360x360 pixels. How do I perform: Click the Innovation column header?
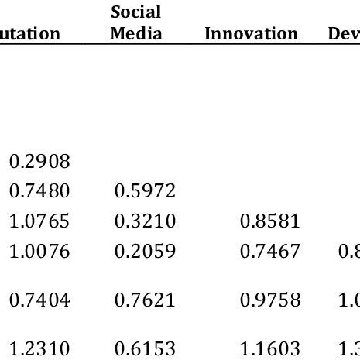click(x=251, y=34)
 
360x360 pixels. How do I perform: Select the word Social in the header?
click(x=135, y=12)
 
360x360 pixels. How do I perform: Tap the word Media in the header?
click(x=136, y=33)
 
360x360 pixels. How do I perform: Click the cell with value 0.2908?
click(x=39, y=162)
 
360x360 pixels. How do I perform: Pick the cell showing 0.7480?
click(x=39, y=191)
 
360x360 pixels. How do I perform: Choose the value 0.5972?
click(x=145, y=191)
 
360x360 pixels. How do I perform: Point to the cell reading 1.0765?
click(x=39, y=221)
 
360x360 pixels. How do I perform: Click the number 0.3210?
click(x=145, y=221)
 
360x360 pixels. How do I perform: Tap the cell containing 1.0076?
click(x=39, y=251)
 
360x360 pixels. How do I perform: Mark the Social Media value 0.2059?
click(x=145, y=251)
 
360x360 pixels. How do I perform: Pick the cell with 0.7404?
click(x=39, y=300)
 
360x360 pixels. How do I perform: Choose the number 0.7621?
click(x=145, y=300)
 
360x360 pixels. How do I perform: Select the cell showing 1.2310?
click(x=39, y=348)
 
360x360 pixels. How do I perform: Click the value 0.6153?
click(x=145, y=348)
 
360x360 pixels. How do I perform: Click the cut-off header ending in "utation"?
click(x=30, y=34)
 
